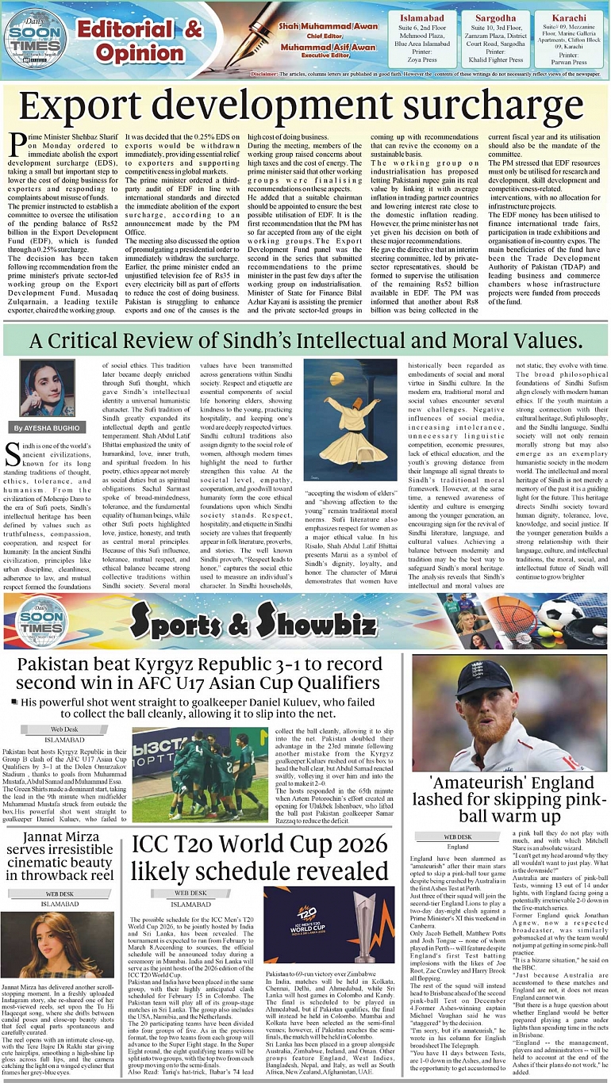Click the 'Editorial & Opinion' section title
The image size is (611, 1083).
click(x=139, y=41)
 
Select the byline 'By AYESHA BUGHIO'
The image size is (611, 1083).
click(x=47, y=428)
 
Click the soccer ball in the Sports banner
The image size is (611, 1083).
click(x=560, y=613)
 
